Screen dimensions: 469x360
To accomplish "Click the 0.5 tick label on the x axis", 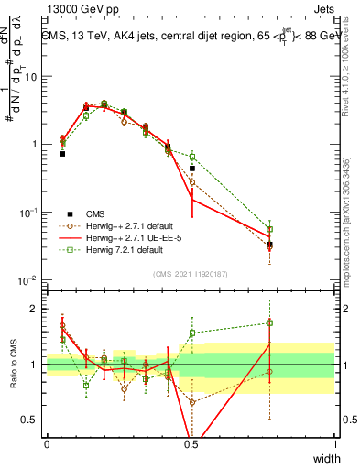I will pos(191,444).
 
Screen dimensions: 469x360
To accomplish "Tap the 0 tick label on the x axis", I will pos(47,444).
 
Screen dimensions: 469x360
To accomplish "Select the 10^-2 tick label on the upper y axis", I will pos(27,280).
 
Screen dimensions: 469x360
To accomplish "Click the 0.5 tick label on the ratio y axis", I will pos(30,420).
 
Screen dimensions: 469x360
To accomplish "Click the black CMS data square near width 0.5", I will pos(192,169).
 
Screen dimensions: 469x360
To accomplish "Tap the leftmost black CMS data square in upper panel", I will pos(62,154).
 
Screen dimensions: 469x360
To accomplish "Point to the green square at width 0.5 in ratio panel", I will pos(192,333).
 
